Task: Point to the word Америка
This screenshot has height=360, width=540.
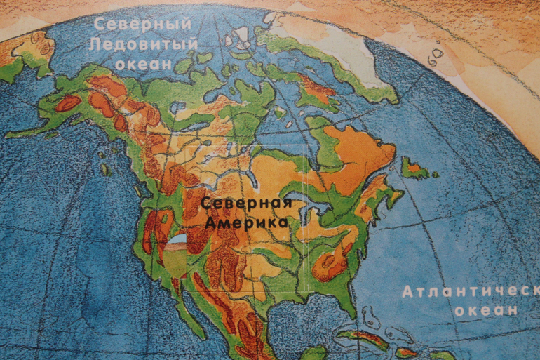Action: [246, 223]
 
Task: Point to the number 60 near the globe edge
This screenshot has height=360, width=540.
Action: [437, 53]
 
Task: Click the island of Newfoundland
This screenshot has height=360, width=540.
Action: [413, 168]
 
